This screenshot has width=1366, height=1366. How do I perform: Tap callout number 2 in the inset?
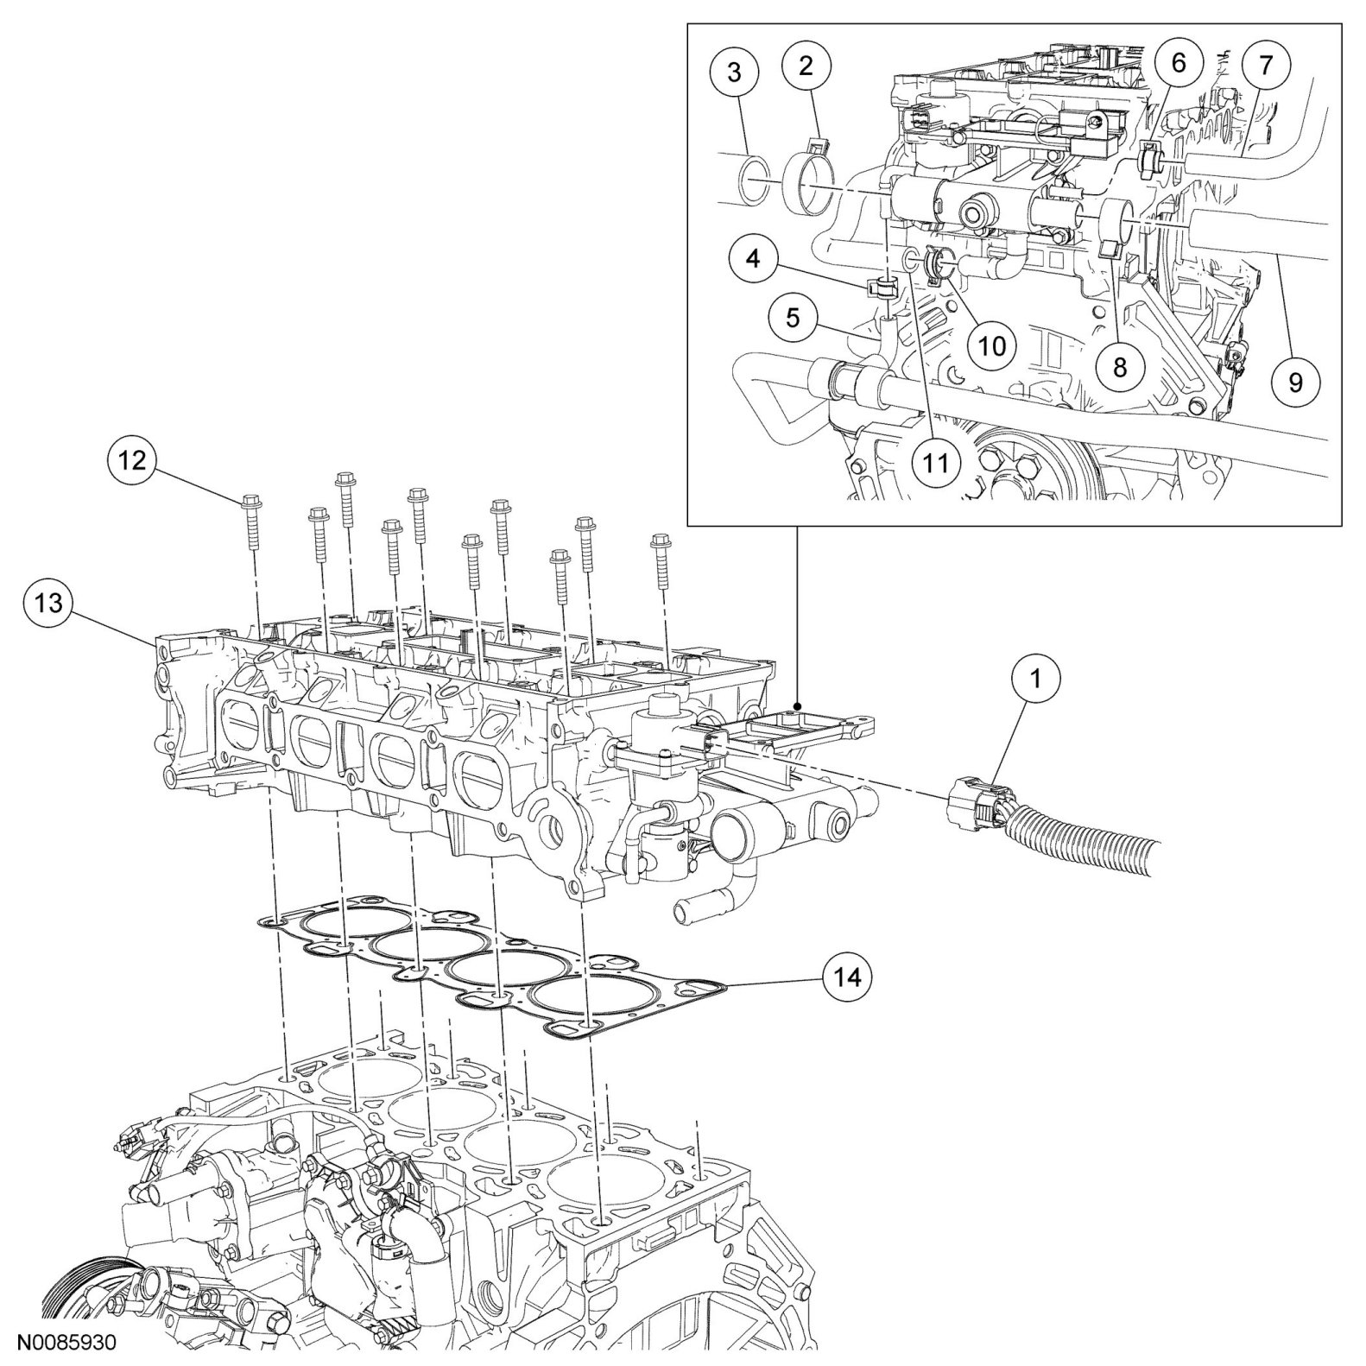(806, 66)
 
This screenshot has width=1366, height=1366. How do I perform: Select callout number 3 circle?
(734, 73)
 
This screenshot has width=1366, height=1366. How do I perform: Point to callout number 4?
(754, 259)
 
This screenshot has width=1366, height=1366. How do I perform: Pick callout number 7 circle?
(1266, 66)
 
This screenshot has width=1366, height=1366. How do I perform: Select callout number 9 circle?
(1295, 381)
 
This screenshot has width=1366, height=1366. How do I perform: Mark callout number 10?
(992, 345)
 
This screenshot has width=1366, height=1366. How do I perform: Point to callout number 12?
(133, 460)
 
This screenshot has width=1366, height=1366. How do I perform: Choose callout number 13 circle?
(49, 602)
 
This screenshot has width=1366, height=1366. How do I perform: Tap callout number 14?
(847, 977)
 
